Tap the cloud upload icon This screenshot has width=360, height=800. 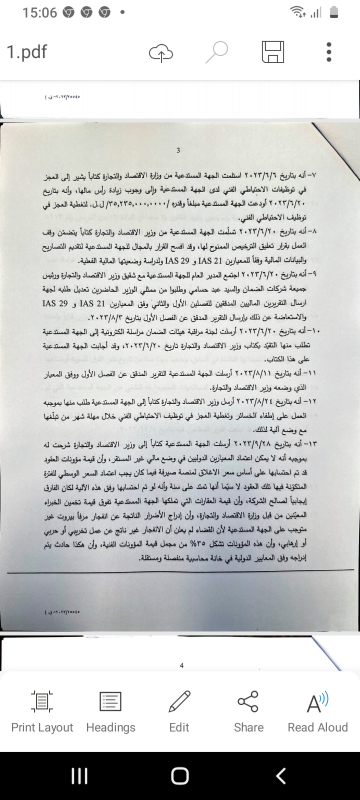pos(161,52)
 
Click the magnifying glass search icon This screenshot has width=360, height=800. pos(217,52)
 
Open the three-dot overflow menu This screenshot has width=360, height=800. pos(329,52)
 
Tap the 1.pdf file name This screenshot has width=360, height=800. pos(27,52)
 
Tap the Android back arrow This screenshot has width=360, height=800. pos(281,776)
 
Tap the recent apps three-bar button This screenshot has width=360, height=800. pos(79,776)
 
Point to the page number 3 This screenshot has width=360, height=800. pos(178,151)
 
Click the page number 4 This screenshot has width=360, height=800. pos(181,665)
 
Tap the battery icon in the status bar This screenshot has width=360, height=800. pos(334,12)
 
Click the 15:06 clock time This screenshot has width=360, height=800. pos(40,12)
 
